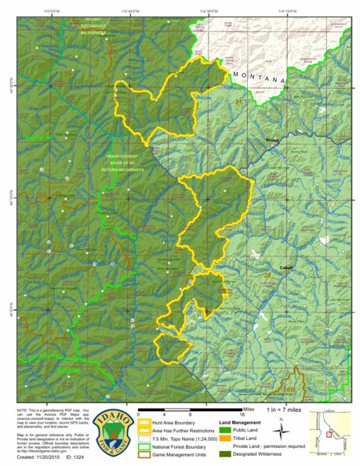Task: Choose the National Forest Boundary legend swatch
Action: coord(146,445)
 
